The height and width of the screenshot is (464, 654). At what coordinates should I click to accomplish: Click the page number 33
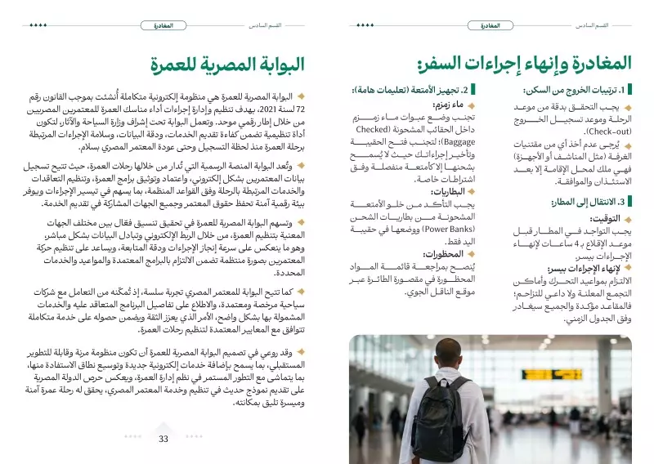pyautogui.click(x=163, y=439)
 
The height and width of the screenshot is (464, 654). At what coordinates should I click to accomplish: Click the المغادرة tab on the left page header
pyautogui.click(x=163, y=25)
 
